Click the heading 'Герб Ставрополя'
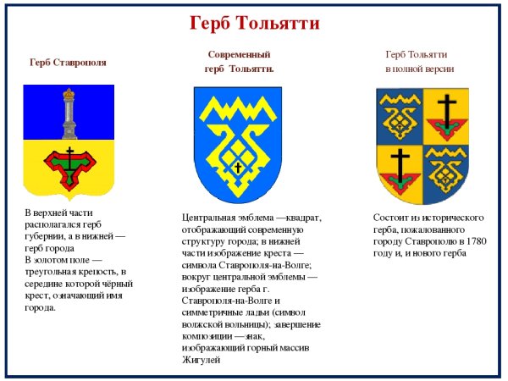click(x=68, y=62)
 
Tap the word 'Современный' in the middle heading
click(x=238, y=54)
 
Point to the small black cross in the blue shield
click(x=238, y=167)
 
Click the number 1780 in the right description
click(x=475, y=241)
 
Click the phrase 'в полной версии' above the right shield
click(x=419, y=69)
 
